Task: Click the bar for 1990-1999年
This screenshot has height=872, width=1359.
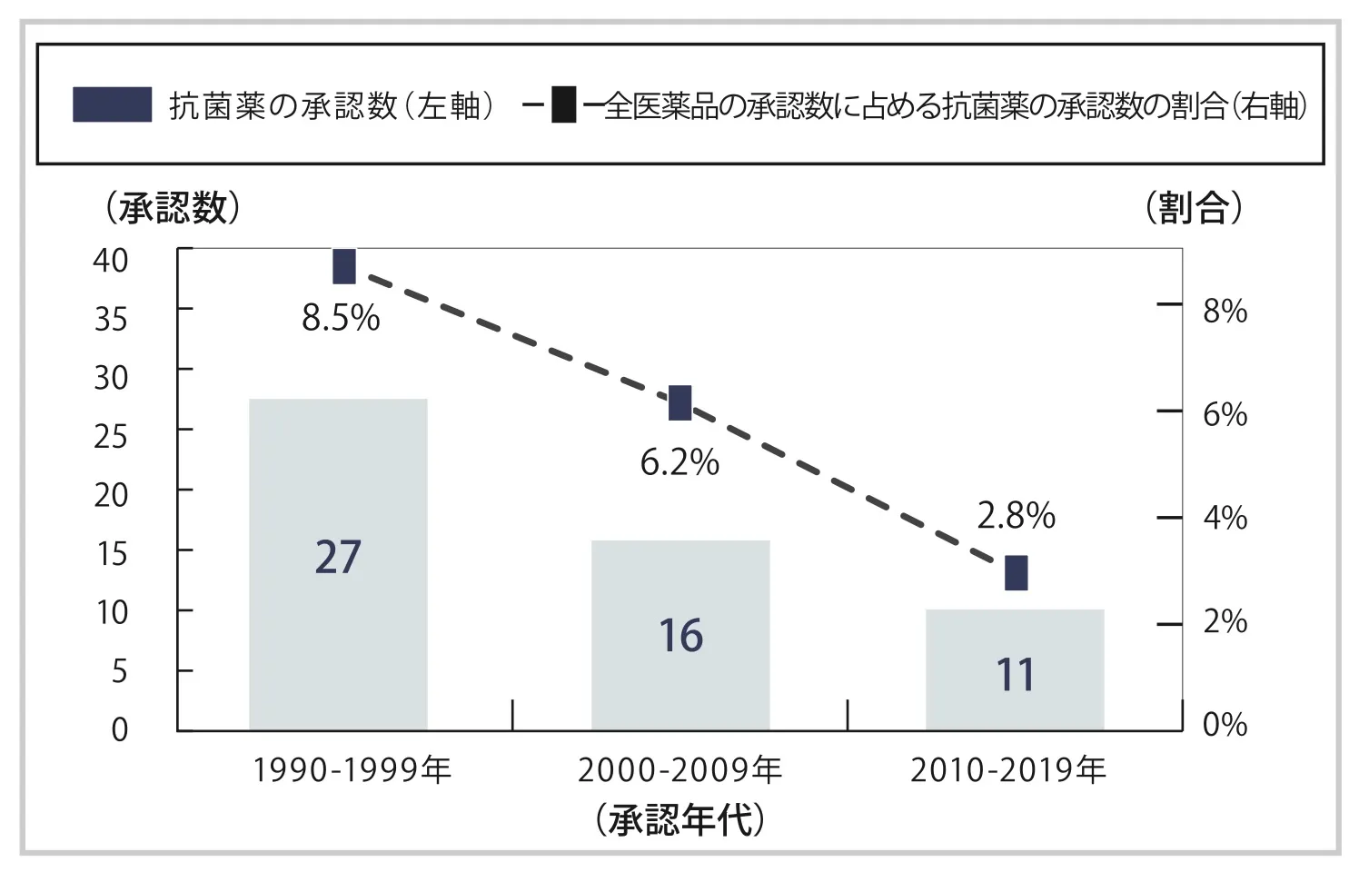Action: pyautogui.click(x=338, y=563)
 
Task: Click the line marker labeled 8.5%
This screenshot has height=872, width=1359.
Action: pyautogui.click(x=344, y=267)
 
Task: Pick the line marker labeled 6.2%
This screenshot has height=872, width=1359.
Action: pyautogui.click(x=679, y=402)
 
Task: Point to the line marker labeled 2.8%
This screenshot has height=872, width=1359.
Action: pyautogui.click(x=1016, y=573)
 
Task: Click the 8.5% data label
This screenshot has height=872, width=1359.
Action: pyautogui.click(x=341, y=318)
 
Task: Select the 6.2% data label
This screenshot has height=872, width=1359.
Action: pyautogui.click(x=679, y=462)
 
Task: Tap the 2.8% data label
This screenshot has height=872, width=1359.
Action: pyautogui.click(x=1016, y=516)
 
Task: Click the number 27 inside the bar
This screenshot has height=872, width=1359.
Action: pyautogui.click(x=338, y=557)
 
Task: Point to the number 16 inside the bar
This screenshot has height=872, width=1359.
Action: pyautogui.click(x=680, y=636)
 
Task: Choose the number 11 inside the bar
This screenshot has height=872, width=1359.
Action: pyautogui.click(x=1015, y=675)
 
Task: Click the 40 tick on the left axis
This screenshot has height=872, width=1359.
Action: pyautogui.click(x=111, y=261)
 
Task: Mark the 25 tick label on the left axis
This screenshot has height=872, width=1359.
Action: pyautogui.click(x=111, y=437)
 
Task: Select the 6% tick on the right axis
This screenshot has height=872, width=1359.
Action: pyautogui.click(x=1225, y=415)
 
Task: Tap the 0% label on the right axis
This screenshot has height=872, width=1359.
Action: pyautogui.click(x=1225, y=725)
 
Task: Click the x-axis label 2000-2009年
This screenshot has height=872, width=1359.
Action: pyautogui.click(x=680, y=770)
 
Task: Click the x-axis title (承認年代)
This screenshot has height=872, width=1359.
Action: pyautogui.click(x=680, y=820)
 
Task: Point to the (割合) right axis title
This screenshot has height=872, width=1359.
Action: pyautogui.click(x=1193, y=208)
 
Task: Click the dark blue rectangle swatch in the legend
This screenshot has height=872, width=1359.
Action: pyautogui.click(x=112, y=105)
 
